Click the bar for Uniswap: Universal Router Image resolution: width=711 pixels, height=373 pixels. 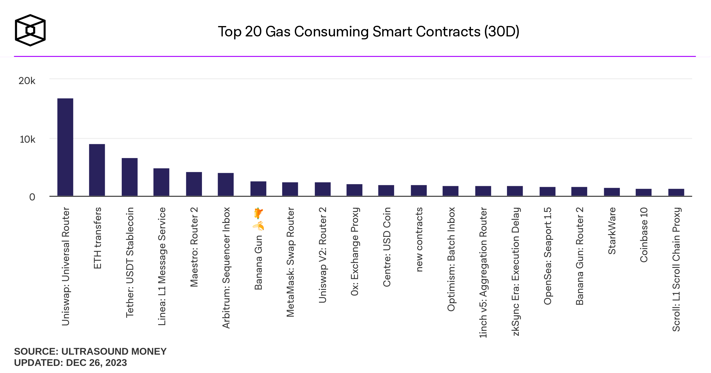click(x=65, y=147)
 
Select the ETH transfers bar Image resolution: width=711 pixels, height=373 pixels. click(x=97, y=170)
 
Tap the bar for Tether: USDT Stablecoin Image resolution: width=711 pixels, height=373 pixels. click(x=129, y=177)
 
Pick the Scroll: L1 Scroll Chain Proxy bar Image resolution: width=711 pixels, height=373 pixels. click(x=676, y=192)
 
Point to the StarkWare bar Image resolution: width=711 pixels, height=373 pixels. click(x=612, y=192)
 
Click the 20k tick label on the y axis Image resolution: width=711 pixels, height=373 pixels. click(x=27, y=81)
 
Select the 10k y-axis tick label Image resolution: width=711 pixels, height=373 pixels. click(x=28, y=139)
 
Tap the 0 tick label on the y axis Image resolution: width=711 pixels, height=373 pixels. click(x=32, y=197)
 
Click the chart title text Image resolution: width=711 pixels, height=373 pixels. click(x=368, y=32)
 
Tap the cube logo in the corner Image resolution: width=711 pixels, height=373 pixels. click(x=30, y=30)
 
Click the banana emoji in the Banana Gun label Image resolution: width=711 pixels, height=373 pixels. click(x=259, y=226)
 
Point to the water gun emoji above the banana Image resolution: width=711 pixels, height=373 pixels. click(x=258, y=213)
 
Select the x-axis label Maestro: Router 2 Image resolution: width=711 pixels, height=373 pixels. click(x=194, y=247)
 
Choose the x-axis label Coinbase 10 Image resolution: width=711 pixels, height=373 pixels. click(x=644, y=235)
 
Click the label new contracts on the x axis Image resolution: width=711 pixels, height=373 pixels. click(x=419, y=239)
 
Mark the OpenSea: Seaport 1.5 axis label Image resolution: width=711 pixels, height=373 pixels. click(x=548, y=256)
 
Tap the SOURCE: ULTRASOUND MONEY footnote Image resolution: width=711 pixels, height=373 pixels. click(x=90, y=351)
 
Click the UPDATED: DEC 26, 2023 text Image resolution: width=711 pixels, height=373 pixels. click(x=70, y=363)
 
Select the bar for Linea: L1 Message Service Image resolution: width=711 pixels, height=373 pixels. click(x=161, y=182)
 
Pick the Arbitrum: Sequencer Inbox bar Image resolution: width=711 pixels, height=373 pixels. click(x=226, y=184)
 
